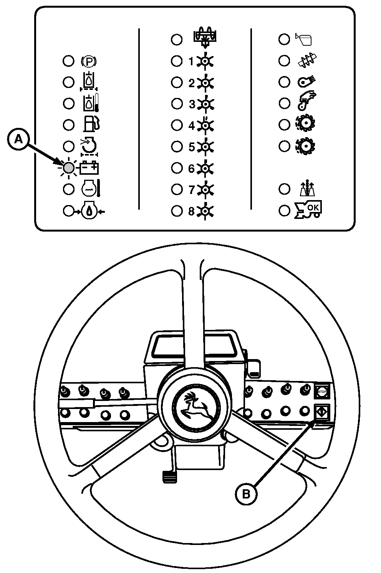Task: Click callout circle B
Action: (246, 494)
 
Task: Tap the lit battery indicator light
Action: (69, 168)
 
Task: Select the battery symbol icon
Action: (90, 168)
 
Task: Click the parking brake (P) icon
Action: (89, 61)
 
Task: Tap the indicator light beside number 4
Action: (177, 125)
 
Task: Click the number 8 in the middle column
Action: (191, 211)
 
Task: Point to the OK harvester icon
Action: (308, 210)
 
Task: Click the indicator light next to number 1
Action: (177, 61)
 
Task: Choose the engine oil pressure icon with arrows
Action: (89, 211)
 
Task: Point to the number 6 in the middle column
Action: (191, 168)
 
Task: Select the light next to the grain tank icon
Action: (284, 39)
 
